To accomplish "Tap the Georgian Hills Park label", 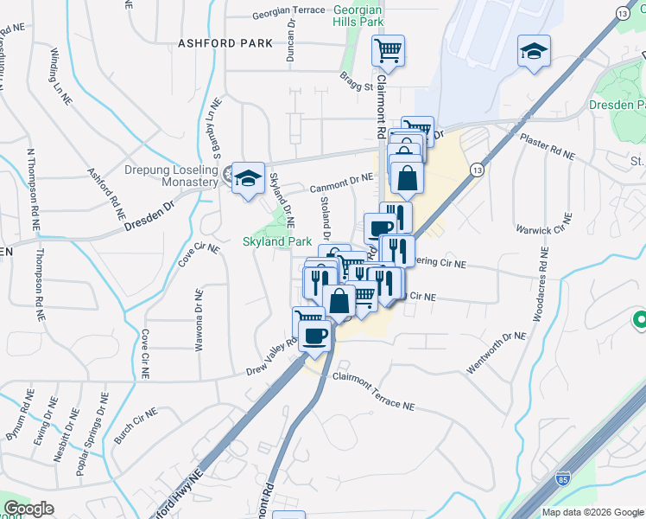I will (x=358, y=16).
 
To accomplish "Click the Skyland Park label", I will (x=275, y=241).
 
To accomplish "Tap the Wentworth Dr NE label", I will (x=496, y=354).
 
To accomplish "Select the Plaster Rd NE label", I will (x=546, y=146).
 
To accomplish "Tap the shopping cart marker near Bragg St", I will (x=388, y=50).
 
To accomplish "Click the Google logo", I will (x=28, y=509).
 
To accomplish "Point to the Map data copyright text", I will (x=592, y=512).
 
